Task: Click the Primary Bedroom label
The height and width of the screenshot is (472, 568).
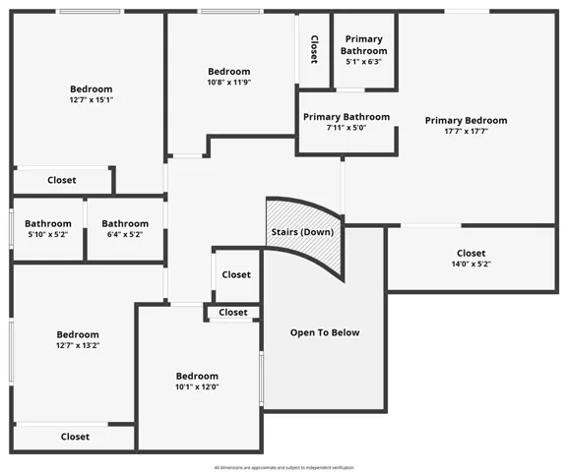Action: [466, 121]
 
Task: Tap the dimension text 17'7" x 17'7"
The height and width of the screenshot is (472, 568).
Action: [466, 131]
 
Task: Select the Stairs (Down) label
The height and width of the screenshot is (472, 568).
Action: [302, 232]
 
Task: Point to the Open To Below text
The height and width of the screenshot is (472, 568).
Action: [325, 332]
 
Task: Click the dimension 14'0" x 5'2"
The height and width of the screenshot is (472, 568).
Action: [471, 264]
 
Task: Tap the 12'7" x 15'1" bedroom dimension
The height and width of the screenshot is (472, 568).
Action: [92, 100]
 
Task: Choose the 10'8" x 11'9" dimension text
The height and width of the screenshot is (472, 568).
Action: [229, 83]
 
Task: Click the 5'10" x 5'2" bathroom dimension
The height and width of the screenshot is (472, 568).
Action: [48, 234]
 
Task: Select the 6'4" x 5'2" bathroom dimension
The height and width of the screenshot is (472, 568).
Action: [125, 234]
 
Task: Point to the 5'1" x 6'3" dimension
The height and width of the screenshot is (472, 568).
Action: [363, 62]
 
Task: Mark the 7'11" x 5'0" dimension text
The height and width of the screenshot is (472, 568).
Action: [347, 128]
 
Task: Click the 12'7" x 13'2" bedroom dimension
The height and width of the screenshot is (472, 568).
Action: [78, 345]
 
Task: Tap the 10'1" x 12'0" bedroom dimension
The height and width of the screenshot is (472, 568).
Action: [197, 386]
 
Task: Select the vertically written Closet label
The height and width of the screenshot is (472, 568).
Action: [314, 49]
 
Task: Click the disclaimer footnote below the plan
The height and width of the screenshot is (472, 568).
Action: [284, 468]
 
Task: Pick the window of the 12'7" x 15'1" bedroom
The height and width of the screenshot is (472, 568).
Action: [90, 12]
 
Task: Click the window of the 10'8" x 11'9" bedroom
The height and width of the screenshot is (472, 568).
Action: [230, 12]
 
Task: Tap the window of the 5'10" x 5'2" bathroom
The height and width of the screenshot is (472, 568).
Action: [11, 229]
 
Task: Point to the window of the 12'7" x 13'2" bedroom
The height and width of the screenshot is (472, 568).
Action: [11, 352]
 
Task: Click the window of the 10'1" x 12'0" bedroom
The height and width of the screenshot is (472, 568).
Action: [261, 379]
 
